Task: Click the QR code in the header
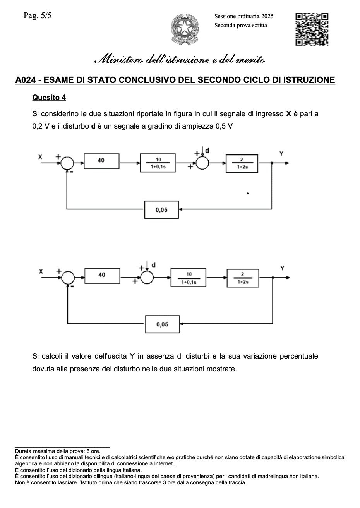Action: tap(312, 29)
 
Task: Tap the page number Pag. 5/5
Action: tap(38, 16)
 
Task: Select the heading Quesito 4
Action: tap(49, 97)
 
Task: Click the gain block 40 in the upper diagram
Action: tap(101, 161)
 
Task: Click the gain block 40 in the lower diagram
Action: tap(102, 275)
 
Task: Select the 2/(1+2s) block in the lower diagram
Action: tap(243, 278)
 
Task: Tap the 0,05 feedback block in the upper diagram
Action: tap(161, 210)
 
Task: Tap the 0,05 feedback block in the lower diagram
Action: tap(162, 324)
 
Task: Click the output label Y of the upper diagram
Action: tap(281, 154)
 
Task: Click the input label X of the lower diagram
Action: tap(41, 272)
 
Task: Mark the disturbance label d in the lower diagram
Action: tap(154, 265)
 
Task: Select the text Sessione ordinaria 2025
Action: tap(244, 16)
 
